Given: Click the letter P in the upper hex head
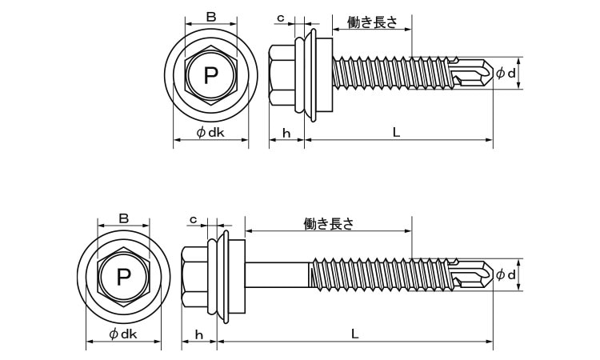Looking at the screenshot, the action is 211,76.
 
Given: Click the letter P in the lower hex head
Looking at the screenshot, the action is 123,278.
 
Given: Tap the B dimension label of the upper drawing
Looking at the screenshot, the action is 211,17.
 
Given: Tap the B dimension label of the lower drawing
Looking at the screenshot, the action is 123,218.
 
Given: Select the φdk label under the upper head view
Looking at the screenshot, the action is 210,132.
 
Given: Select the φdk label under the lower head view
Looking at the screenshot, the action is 123,334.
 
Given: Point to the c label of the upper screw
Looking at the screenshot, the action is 281,18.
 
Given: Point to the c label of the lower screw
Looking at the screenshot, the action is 194,219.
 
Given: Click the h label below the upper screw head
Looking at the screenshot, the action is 286,133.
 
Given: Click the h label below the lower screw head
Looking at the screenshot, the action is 199,334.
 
